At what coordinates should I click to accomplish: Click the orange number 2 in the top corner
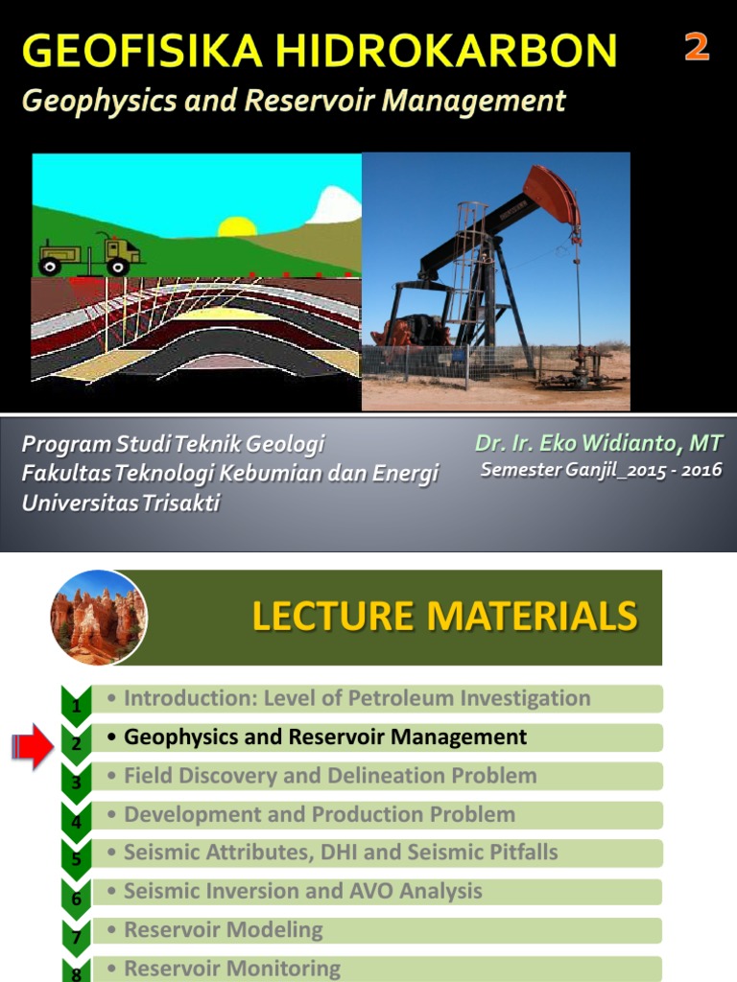pos(697,47)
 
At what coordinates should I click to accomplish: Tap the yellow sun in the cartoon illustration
pos(237,227)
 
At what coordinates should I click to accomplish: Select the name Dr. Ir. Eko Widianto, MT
pos(598,444)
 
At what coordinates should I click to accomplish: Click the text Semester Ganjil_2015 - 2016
pos(601,470)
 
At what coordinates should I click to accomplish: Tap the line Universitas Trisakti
pos(121,503)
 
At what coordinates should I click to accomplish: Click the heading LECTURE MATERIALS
pos(444,617)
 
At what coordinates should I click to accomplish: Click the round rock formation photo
pos(98,618)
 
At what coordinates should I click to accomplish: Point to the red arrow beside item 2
pos(34,746)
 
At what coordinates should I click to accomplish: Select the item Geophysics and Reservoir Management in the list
pos(325,737)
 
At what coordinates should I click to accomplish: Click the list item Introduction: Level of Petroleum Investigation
pos(357,698)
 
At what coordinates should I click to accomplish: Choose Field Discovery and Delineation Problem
pos(330,776)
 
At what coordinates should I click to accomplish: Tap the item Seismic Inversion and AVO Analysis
pos(303,891)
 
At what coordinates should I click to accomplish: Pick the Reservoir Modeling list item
pos(224,930)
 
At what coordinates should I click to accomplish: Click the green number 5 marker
pos(76,858)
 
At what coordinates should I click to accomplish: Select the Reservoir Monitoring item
pos(232,969)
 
